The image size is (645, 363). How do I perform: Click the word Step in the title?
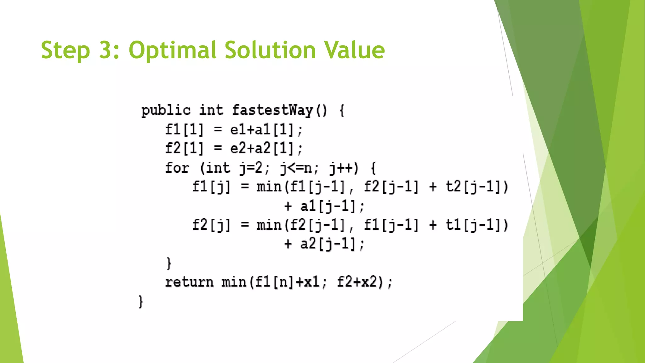tap(66, 50)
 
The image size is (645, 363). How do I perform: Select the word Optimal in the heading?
tap(172, 50)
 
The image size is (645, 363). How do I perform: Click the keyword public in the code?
tap(166, 111)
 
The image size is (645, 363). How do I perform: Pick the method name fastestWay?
tap(272, 111)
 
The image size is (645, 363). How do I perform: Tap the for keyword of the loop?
tap(177, 168)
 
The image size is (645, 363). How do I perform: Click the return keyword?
tap(189, 282)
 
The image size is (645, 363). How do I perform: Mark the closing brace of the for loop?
tap(169, 263)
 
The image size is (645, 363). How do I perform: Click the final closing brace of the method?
tap(141, 302)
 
